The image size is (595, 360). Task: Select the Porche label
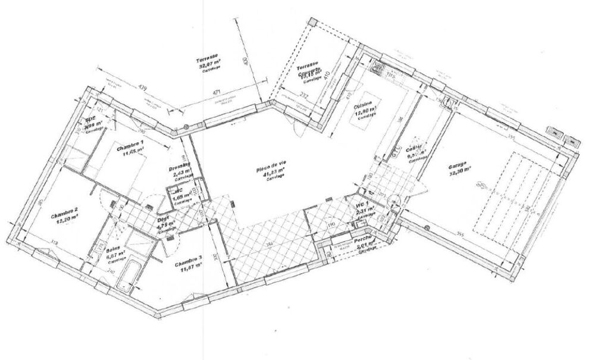(x=363, y=242)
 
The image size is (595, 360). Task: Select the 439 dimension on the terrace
(x=142, y=87)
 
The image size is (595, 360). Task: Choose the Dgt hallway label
(x=162, y=218)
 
